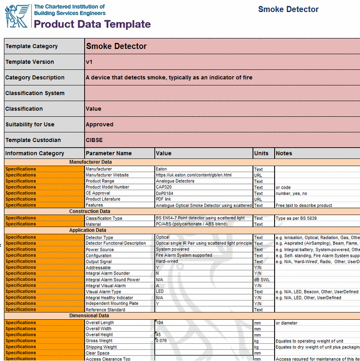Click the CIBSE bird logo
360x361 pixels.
[17, 16]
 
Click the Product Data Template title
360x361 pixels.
[92, 24]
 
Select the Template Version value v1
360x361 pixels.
[89, 62]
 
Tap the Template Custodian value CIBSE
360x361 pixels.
[94, 140]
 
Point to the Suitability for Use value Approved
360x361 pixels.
[99, 124]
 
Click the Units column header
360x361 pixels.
[261, 154]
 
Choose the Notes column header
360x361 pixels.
[284, 154]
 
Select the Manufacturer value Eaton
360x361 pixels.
[161, 169]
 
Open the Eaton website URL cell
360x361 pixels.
[193, 175]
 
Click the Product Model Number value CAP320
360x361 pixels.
[165, 187]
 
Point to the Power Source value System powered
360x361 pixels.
[173, 249]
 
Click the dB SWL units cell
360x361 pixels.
[263, 279]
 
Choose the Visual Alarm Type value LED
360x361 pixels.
[160, 291]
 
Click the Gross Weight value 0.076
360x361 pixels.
[161, 341]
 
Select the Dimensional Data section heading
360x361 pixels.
[90, 316]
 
